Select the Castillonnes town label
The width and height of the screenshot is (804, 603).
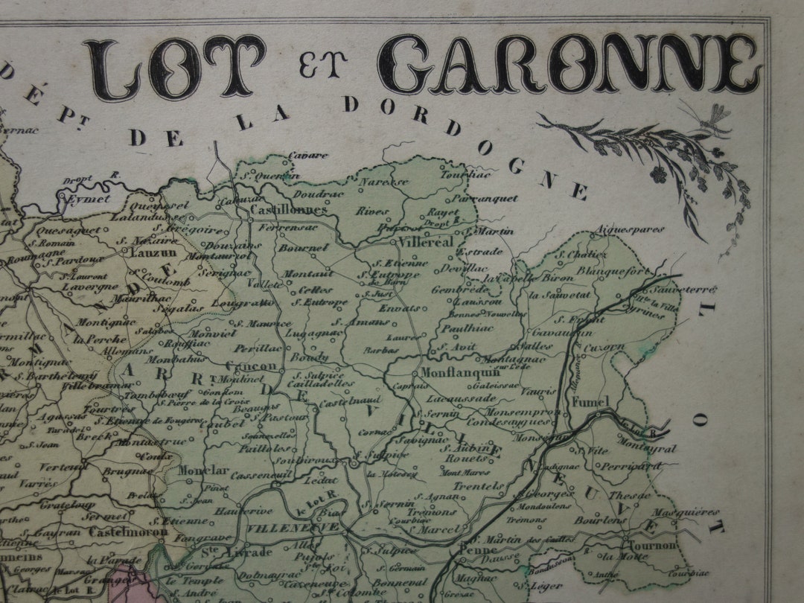(x=281, y=211)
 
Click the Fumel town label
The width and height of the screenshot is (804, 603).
(x=590, y=402)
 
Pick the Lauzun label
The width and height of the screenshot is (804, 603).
(x=154, y=252)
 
